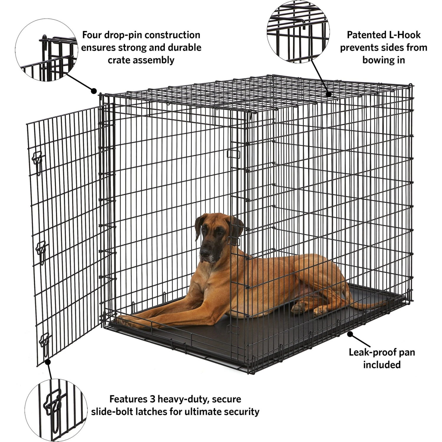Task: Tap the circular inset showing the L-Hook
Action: pos(298,32)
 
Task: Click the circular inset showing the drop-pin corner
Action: pos(47,50)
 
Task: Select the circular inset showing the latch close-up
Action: pos(56,411)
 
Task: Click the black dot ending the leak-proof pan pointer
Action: pos(350,334)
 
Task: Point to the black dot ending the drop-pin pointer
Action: pos(94,91)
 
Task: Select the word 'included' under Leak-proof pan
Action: pos(382,365)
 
